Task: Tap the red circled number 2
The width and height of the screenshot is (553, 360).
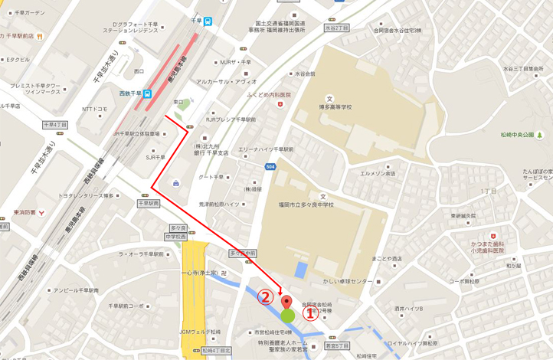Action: [x=265, y=296]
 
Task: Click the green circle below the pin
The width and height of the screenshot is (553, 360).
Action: [x=287, y=316]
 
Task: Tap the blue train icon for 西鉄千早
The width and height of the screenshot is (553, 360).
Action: [x=147, y=94]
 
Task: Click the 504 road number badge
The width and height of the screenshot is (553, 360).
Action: [x=270, y=165]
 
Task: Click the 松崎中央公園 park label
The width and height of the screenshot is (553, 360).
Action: [x=517, y=135]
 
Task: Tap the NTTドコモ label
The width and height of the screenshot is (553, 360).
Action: [x=94, y=109]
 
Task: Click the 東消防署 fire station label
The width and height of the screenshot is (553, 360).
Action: [x=25, y=212]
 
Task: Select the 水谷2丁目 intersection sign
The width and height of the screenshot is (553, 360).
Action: [x=336, y=28]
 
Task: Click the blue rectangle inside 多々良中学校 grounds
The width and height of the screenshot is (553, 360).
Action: [x=301, y=270]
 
